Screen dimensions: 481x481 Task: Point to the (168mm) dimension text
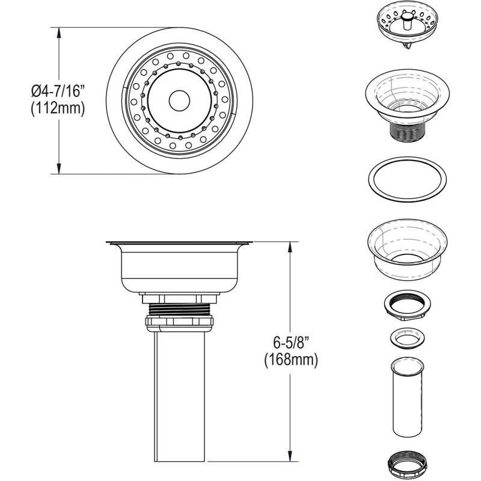(290, 360)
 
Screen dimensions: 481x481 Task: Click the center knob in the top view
(178, 99)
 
